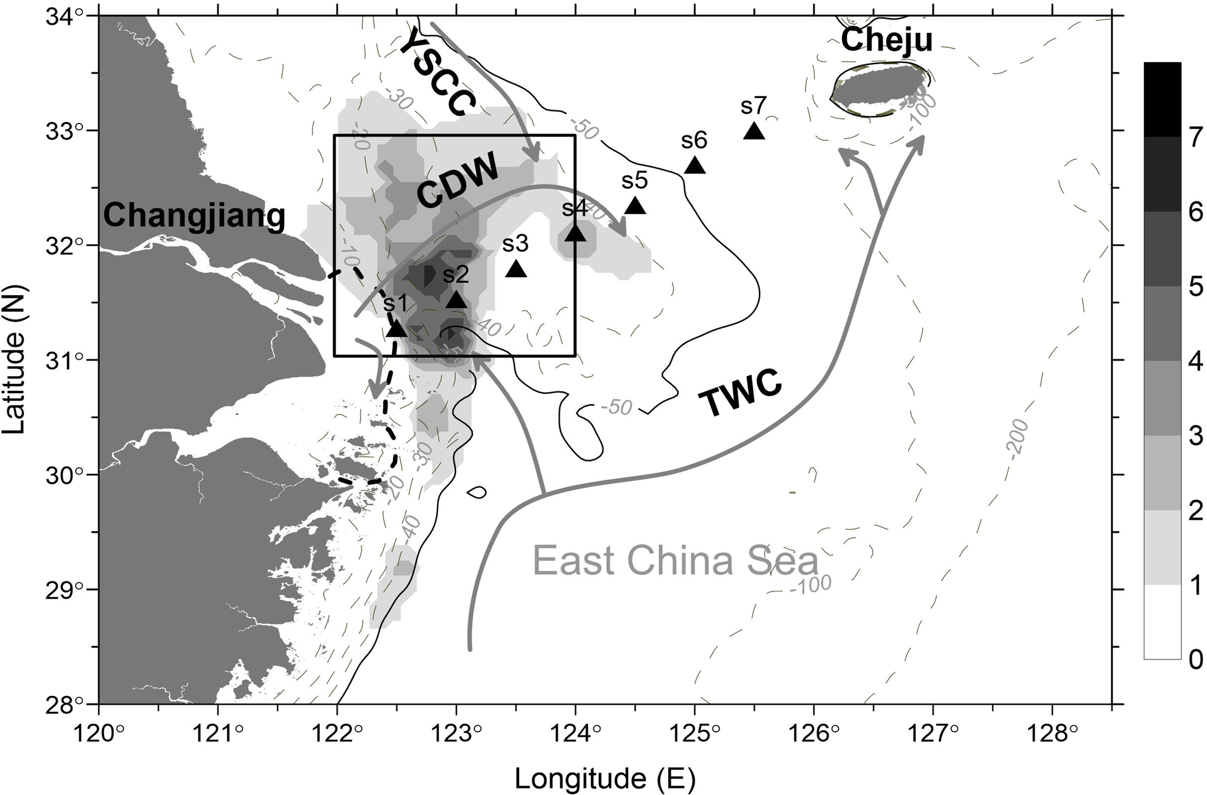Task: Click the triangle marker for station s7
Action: coord(754,131)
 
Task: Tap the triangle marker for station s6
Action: coord(695,166)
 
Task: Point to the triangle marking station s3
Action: coord(516,269)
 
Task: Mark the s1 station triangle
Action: coord(396,330)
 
